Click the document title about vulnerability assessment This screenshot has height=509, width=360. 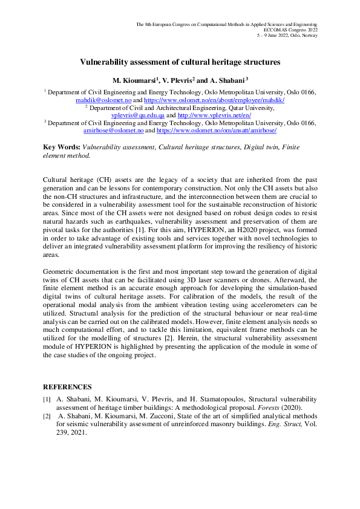click(x=180, y=62)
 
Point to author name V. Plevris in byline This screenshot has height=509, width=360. click(x=175, y=80)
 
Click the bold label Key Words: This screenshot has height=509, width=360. click(x=61, y=147)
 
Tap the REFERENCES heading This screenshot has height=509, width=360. click(x=67, y=387)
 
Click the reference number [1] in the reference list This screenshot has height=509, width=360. click(x=47, y=400)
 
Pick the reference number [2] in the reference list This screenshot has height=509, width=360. click(x=47, y=417)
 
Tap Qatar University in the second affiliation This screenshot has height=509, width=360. click(x=247, y=107)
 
